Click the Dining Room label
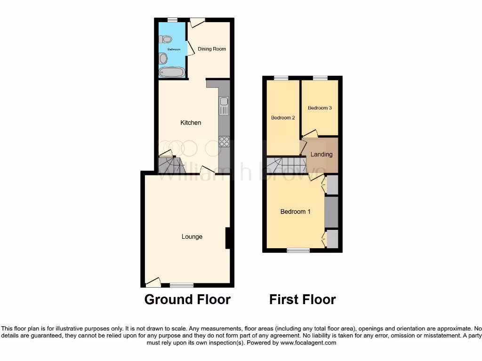click(x=212, y=49)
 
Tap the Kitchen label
click(x=191, y=123)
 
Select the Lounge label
click(x=192, y=236)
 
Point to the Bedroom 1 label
click(x=295, y=212)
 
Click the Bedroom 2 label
click(x=283, y=118)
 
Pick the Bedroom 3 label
click(x=320, y=108)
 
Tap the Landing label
click(x=321, y=154)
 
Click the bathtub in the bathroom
click(x=172, y=72)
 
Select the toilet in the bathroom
click(x=168, y=39)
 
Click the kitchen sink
click(x=224, y=105)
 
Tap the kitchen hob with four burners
click(x=224, y=141)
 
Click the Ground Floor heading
click(x=187, y=299)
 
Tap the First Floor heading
click(x=302, y=299)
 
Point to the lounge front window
click(x=182, y=285)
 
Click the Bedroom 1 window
click(x=298, y=251)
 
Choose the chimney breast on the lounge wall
click(x=227, y=238)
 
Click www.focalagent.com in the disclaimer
click(x=308, y=343)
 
